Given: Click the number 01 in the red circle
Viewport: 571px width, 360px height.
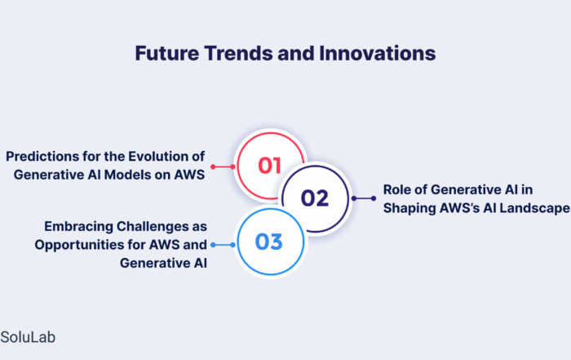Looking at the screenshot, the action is point(269,166).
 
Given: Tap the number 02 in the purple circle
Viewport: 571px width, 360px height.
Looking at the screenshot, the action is point(315,198).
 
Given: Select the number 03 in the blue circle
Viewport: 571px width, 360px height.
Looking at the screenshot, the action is point(268,242).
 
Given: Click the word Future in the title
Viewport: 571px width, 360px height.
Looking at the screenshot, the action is point(166,53).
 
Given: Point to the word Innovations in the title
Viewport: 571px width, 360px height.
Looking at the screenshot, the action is point(377,53).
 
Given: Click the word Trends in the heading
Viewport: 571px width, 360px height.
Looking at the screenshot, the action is point(238,53).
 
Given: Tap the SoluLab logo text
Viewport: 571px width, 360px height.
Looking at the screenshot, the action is point(28,337).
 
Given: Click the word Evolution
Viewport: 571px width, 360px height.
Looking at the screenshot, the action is point(158,156).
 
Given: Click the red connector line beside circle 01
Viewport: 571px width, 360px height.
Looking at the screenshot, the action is point(224,167).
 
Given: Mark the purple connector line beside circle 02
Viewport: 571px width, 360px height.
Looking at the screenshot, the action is point(364,198).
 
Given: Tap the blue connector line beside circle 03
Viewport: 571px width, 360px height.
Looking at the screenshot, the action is point(224,245).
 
